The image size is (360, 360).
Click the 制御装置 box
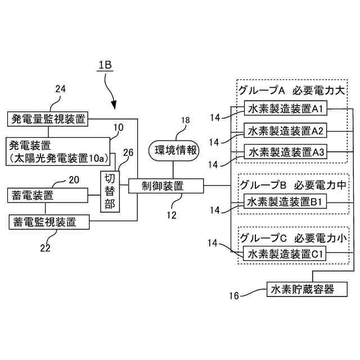(166, 186)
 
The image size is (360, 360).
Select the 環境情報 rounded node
(174, 151)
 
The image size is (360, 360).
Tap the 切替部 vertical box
(110, 191)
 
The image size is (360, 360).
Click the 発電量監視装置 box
(47, 119)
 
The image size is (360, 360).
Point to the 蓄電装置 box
(47, 195)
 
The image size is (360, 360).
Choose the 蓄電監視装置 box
(49, 222)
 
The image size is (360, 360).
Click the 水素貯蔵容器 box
(307, 289)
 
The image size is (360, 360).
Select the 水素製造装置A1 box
(285, 108)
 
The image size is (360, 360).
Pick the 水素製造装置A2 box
(285, 130)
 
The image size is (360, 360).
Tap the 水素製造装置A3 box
(285, 151)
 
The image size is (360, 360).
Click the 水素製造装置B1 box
(285, 201)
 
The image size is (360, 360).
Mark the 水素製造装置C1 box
(285, 254)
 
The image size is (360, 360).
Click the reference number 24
(60, 89)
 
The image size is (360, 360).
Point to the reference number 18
(185, 120)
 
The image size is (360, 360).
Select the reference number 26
(128, 152)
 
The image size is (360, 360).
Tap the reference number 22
(45, 248)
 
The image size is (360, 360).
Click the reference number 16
(234, 296)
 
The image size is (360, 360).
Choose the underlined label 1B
(105, 65)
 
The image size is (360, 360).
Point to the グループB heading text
(263, 185)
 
